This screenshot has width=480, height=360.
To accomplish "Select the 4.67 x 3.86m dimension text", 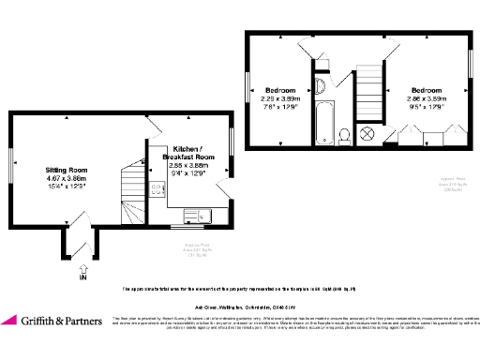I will click(x=66, y=178).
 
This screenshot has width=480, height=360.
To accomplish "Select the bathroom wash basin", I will click(x=320, y=88).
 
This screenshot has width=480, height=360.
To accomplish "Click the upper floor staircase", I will click(x=370, y=79).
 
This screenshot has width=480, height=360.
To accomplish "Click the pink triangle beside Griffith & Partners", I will click(x=14, y=321).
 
